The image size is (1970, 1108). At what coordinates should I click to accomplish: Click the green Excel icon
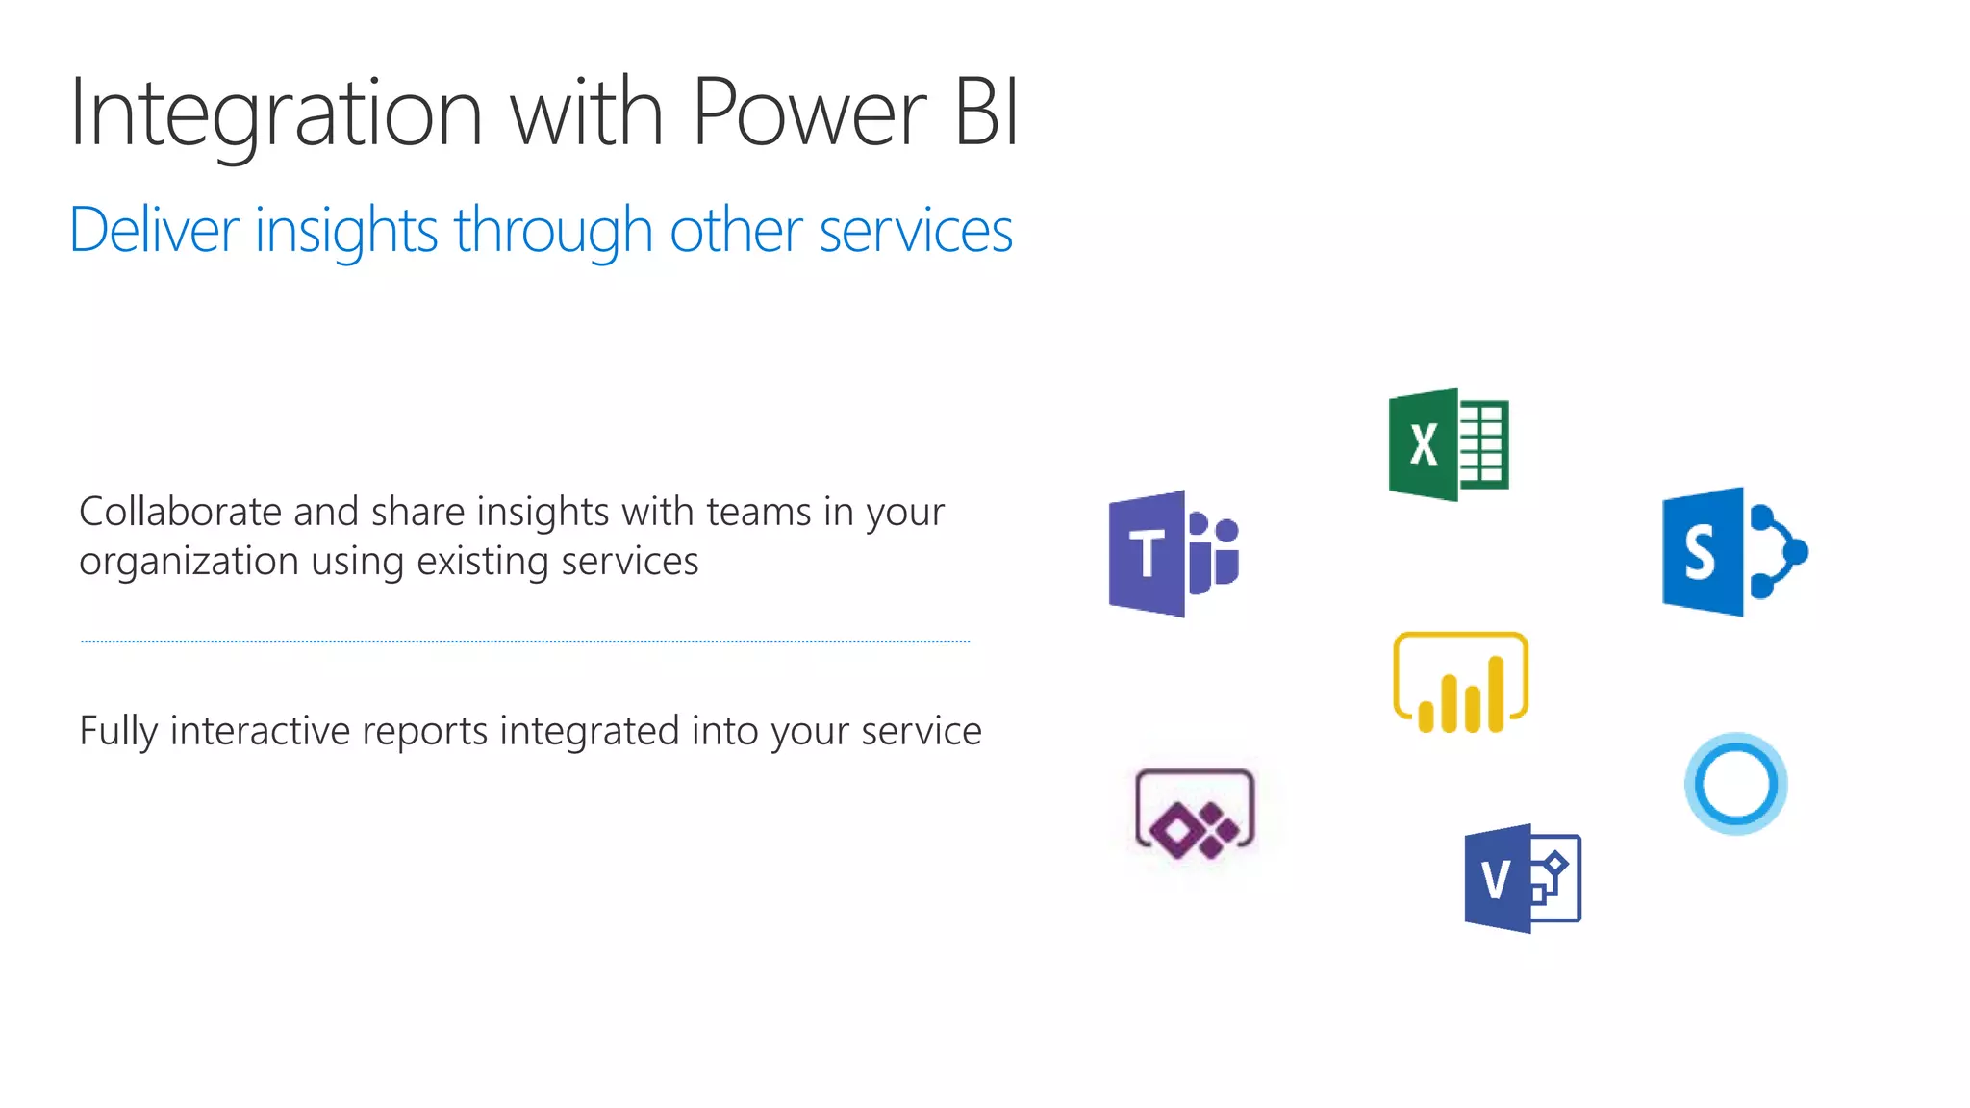[1449, 444]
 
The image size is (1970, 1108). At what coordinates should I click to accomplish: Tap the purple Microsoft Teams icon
[1174, 554]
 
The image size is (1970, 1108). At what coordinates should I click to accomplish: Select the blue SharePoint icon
[1733, 552]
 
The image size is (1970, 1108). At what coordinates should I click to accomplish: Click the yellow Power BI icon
[1460, 683]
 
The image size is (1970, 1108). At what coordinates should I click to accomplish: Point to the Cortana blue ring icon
[1735, 784]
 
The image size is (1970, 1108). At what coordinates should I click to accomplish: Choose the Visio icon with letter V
[1522, 878]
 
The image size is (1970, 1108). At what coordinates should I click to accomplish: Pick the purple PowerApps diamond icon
[1195, 814]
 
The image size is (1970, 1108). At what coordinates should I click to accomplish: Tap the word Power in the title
[809, 113]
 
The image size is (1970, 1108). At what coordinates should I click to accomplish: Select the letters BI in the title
[986, 113]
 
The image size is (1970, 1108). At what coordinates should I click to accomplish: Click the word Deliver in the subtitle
[154, 231]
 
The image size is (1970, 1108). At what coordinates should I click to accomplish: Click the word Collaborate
[180, 512]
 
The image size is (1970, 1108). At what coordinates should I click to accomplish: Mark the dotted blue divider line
[526, 641]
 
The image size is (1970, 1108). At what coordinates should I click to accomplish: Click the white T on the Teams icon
[1147, 554]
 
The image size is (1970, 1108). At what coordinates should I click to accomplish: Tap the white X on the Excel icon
[1424, 445]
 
